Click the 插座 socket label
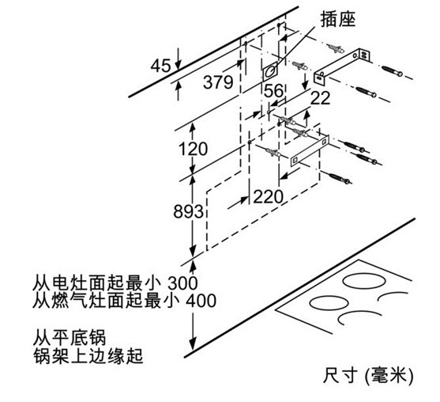(x=338, y=19)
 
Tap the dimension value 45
(x=160, y=66)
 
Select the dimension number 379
(x=218, y=82)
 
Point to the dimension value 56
(x=273, y=91)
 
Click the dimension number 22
(x=320, y=98)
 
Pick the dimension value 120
(x=193, y=149)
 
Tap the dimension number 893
(x=188, y=211)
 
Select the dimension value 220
(x=268, y=197)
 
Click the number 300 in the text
(x=182, y=283)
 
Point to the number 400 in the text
(x=201, y=301)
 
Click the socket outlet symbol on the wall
(x=270, y=71)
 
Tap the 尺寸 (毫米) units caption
(x=368, y=375)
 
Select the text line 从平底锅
(x=70, y=337)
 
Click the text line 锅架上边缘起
(x=88, y=355)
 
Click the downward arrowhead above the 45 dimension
(x=178, y=65)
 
